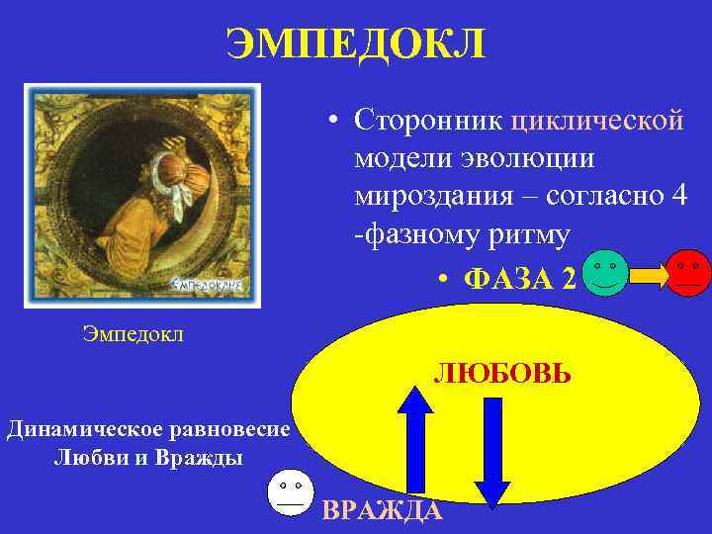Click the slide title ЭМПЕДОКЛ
click(x=355, y=43)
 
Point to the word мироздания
click(x=429, y=197)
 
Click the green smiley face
click(x=605, y=273)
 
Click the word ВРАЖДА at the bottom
click(x=382, y=510)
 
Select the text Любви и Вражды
click(x=148, y=457)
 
